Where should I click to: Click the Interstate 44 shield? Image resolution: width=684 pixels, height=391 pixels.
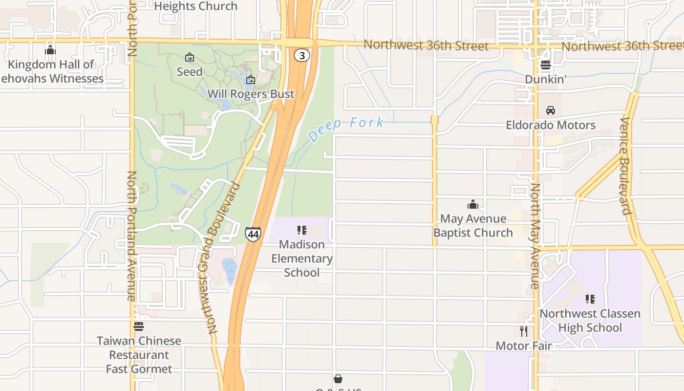point(253,234)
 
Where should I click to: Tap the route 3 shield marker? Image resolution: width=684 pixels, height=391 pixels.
point(302,56)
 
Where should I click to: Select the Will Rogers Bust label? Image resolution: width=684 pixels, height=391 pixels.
point(251,94)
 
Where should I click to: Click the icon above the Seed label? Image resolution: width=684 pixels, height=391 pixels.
point(190,58)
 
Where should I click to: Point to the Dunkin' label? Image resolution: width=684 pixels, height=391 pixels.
point(546,79)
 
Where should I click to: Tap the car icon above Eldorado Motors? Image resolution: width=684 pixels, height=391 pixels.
point(551,110)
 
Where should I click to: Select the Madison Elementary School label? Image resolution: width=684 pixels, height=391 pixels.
point(302,258)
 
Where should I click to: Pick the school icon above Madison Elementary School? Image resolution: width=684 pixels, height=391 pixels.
point(302,230)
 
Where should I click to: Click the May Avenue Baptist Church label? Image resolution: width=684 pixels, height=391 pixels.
point(473,225)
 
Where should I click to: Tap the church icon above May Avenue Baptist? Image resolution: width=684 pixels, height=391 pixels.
point(473,204)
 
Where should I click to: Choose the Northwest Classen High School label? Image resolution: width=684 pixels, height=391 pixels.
point(590,320)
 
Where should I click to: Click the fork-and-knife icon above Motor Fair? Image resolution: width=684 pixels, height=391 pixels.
point(524,331)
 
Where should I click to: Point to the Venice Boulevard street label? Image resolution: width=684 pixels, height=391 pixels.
point(625,166)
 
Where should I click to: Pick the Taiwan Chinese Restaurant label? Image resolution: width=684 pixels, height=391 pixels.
point(139,348)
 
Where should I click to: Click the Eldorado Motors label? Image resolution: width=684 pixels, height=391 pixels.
point(551,125)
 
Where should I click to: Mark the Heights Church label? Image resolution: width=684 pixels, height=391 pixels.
point(196,6)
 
